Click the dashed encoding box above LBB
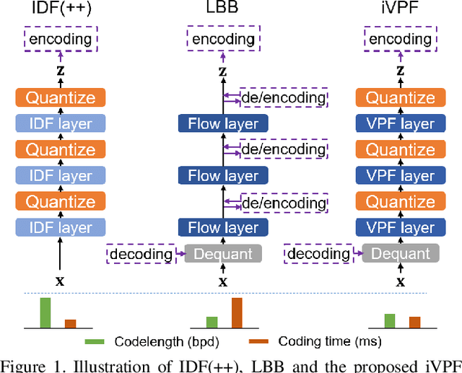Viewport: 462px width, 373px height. click(x=224, y=40)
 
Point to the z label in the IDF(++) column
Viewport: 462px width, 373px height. click(x=61, y=71)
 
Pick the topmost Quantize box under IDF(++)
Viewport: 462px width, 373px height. click(x=61, y=98)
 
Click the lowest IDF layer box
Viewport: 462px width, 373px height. click(x=61, y=228)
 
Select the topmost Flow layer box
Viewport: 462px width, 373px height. click(x=223, y=124)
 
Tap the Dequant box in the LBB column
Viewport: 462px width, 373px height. click(x=223, y=254)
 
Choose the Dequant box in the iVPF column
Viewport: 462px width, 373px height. click(x=400, y=254)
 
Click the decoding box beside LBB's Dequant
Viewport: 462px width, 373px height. click(x=141, y=254)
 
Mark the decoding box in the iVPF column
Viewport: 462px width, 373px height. click(x=318, y=254)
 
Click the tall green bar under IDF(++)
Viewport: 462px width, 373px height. click(x=45, y=313)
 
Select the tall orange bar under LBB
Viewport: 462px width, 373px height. click(x=237, y=313)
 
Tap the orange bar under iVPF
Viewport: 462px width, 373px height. click(x=414, y=322)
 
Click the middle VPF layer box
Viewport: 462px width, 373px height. click(x=400, y=176)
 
